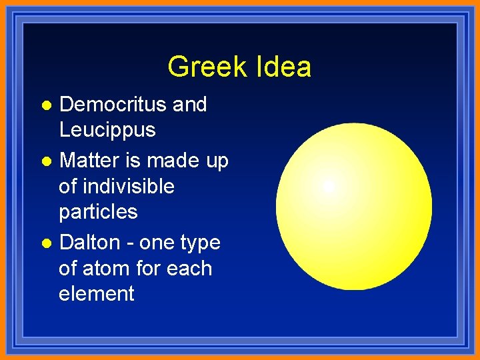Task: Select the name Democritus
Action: point(113,105)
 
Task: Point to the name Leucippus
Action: point(107,130)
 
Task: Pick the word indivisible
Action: point(117,186)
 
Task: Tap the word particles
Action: point(98,212)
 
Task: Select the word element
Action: point(97,294)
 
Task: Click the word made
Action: point(171,161)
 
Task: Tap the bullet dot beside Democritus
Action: point(45,105)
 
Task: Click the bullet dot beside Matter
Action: point(45,162)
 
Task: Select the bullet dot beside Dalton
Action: point(45,243)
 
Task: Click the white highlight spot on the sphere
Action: point(329,187)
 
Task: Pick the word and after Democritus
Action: point(189,105)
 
